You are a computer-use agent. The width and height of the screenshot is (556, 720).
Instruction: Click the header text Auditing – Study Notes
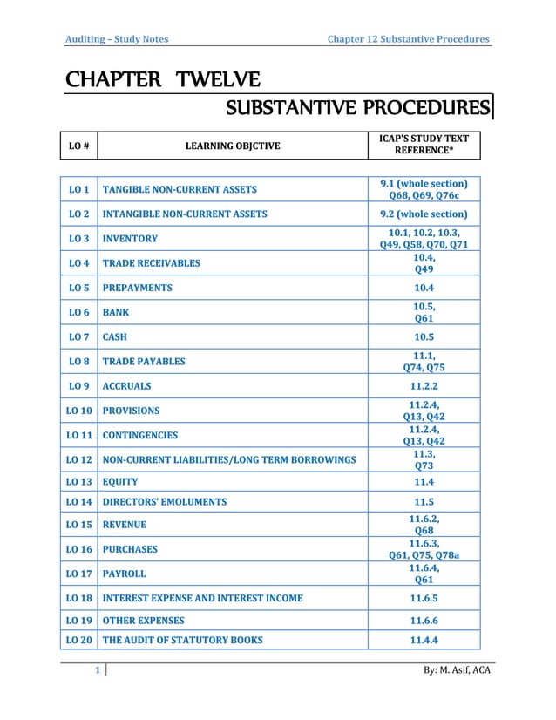pyautogui.click(x=118, y=38)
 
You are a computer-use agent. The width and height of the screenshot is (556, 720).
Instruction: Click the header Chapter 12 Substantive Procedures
pyautogui.click(x=407, y=38)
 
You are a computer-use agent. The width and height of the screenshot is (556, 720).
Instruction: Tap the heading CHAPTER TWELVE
pyautogui.click(x=161, y=82)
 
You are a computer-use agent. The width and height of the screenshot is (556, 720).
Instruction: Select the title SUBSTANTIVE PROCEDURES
pyautogui.click(x=356, y=109)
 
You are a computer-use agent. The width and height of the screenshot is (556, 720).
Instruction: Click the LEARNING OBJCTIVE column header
pyautogui.click(x=233, y=146)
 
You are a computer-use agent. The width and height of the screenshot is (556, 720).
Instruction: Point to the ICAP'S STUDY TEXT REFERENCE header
pyautogui.click(x=424, y=145)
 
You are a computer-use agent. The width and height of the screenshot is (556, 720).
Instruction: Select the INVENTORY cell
pyautogui.click(x=130, y=238)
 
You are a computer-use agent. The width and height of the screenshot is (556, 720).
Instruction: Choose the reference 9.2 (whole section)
pyautogui.click(x=424, y=214)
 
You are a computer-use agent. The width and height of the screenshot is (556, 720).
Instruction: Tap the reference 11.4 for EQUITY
pyautogui.click(x=424, y=481)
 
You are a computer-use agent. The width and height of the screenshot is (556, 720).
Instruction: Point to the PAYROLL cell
pyautogui.click(x=124, y=574)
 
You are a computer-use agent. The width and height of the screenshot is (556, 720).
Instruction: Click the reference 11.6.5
pyautogui.click(x=424, y=598)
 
